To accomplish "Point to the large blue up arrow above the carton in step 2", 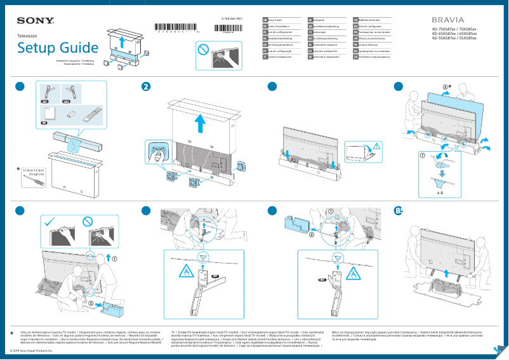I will click(201, 123).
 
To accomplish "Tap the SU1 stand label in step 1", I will click(45, 101).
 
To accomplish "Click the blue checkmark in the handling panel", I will click(48, 221).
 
